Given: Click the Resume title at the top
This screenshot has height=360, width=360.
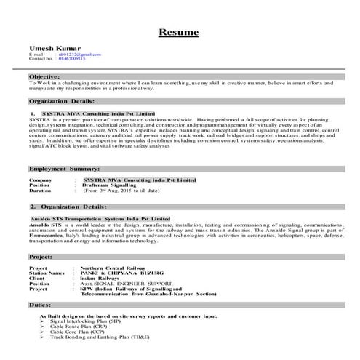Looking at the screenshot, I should pos(180,33).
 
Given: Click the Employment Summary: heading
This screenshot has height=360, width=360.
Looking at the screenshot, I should pos(65,169).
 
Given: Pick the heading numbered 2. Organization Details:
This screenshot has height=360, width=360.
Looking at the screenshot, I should pos(66,207).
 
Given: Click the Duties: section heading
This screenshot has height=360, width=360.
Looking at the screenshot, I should pos(40,305).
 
